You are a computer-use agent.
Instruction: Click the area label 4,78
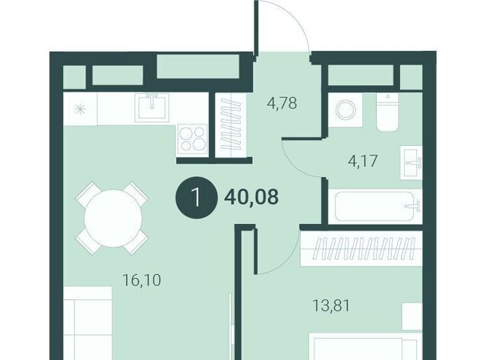pos(282,103)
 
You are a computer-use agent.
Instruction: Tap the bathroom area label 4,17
pos(363,161)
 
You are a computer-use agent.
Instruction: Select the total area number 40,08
pos(251,197)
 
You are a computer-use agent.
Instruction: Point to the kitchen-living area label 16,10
pos(142,280)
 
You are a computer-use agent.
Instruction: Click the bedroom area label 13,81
pos(331,306)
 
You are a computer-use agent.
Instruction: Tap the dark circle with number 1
pos(197,197)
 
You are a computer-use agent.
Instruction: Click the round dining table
pos(113,218)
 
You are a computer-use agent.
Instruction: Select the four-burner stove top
pos(192,139)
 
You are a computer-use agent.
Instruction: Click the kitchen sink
pos(152,106)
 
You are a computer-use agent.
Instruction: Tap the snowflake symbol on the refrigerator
pos(80,109)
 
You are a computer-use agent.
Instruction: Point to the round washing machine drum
pos(346,110)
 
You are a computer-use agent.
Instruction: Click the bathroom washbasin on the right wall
pos(412,162)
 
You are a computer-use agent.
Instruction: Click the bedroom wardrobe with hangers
pos(361,248)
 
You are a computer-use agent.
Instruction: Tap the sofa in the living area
pos(88,323)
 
